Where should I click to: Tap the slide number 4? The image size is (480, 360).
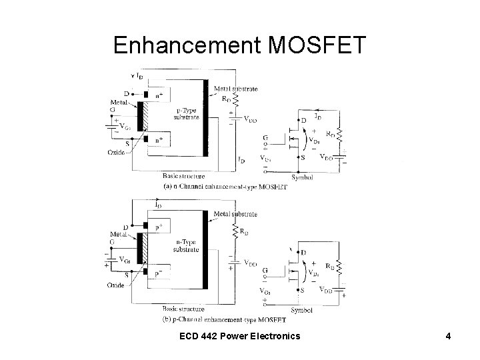pos(448,336)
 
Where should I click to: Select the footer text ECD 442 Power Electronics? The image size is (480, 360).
pos(239,336)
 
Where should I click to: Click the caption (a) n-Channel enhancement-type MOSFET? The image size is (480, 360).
pos(225,187)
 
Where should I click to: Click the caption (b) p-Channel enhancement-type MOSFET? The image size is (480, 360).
pos(225,319)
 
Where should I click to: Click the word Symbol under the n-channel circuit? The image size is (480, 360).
pos(303,178)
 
